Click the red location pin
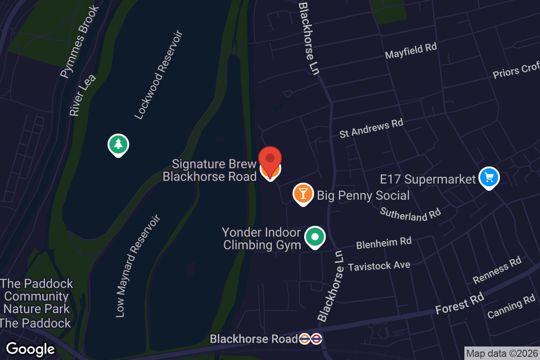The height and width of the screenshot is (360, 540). click(270, 160)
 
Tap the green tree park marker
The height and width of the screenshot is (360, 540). click(118, 144)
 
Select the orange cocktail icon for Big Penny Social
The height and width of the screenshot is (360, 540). click(303, 193)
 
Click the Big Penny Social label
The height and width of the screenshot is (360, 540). click(363, 195)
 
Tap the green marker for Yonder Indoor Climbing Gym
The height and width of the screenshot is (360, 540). click(315, 236)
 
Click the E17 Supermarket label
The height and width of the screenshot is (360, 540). click(427, 179)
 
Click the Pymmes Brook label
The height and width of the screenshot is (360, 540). click(80, 41)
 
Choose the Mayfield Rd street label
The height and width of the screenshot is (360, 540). click(411, 51)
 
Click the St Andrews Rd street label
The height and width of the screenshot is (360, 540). click(371, 128)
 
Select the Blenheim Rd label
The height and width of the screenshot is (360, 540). click(383, 243)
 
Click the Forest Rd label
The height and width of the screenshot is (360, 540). click(459, 303)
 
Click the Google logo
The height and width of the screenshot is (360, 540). click(30, 349)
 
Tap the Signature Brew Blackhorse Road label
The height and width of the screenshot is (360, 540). click(209, 170)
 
